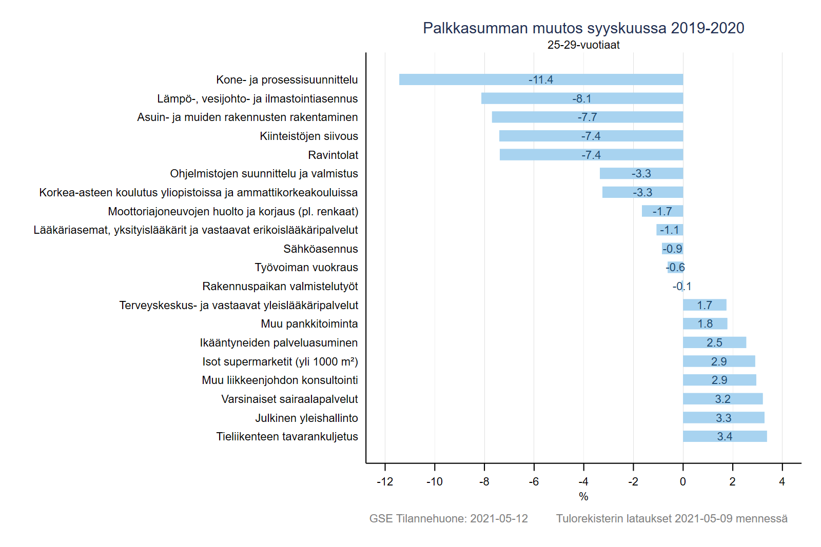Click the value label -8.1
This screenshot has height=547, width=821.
point(582,98)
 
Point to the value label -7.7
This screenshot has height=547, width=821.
point(587,117)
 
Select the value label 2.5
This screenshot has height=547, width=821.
point(714,342)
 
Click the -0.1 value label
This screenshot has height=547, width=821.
point(682,287)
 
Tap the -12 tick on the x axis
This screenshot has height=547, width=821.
point(385,482)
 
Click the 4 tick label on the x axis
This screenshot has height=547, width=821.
point(782,482)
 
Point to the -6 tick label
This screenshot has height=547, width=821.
point(534,482)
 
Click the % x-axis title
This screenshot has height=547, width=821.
point(583,497)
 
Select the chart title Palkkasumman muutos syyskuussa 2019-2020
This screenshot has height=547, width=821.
point(583,28)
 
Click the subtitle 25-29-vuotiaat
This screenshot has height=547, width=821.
point(583,45)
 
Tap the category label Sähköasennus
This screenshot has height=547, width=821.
point(321,249)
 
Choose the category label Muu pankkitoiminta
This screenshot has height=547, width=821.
point(309,324)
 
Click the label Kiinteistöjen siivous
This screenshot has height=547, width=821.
point(309,136)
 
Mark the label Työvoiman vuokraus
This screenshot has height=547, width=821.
point(306,268)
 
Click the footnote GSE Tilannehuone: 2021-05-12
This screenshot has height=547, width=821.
point(448,519)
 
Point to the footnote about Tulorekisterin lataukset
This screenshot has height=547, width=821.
point(672,519)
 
